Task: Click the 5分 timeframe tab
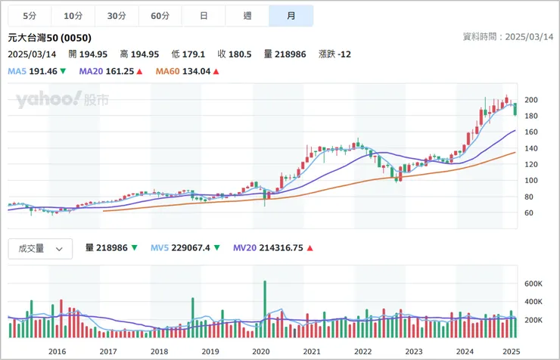30,16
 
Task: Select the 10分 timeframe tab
73,16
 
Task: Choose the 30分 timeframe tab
117,16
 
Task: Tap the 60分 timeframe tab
160,16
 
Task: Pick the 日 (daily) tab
204,16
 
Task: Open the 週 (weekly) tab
247,16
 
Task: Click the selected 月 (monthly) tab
291,16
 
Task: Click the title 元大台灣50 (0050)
48,38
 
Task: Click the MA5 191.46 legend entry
36,71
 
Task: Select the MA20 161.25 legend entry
111,71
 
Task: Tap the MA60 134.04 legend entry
187,71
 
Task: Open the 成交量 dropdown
40,248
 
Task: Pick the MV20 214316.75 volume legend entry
272,247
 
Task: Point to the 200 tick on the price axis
530,100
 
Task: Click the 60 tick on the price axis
528,213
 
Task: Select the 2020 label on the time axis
260,351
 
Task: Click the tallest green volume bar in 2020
265,309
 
